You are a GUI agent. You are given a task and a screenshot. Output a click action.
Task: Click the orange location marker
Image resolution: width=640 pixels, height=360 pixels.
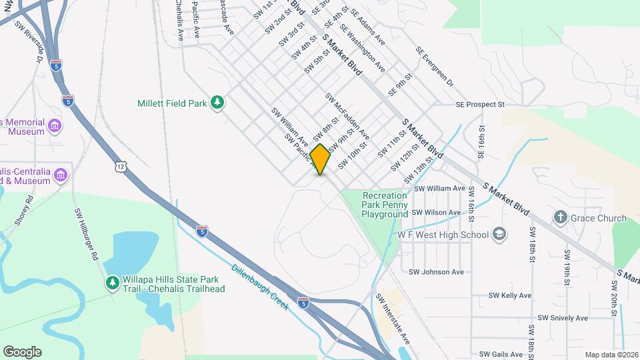pyautogui.click(x=321, y=159)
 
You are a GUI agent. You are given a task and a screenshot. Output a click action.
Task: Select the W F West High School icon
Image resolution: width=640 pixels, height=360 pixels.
pyautogui.click(x=499, y=234)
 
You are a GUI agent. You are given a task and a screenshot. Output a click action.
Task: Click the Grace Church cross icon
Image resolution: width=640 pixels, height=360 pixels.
pyautogui.click(x=561, y=218)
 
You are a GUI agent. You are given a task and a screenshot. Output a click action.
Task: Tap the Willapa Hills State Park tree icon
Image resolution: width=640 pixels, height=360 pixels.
pyautogui.click(x=113, y=283)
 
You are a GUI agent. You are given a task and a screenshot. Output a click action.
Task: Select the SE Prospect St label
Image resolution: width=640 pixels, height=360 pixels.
pyautogui.click(x=480, y=105)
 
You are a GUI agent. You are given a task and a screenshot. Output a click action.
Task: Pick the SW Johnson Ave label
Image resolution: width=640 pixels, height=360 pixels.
pyautogui.click(x=436, y=272)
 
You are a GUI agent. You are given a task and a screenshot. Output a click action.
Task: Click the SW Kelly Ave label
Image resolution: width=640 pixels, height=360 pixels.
pyautogui.click(x=509, y=295)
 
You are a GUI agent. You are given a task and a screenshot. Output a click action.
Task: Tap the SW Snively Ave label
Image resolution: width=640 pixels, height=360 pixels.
pyautogui.click(x=563, y=318)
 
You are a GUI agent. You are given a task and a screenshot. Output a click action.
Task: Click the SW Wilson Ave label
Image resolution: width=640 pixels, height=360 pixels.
pyautogui.click(x=436, y=213)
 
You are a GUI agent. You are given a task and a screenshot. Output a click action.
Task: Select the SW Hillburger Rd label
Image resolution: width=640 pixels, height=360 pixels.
pyautogui.click(x=86, y=235)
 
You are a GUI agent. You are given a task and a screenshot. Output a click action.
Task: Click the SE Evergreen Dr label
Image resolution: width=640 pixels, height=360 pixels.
pyautogui.click(x=435, y=67)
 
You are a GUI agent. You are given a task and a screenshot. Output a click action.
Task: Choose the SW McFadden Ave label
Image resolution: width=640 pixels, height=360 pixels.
pyautogui.click(x=347, y=116)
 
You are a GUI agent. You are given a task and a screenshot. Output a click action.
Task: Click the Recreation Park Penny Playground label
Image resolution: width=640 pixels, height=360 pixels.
pyautogui.click(x=385, y=205)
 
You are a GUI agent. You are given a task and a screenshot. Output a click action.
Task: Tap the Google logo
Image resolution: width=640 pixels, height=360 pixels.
pyautogui.click(x=22, y=352)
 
